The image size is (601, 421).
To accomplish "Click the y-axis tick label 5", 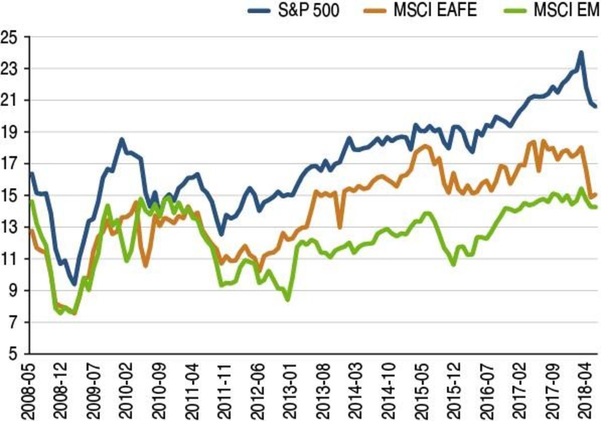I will [15, 354].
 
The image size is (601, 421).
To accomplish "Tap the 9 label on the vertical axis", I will [15, 291].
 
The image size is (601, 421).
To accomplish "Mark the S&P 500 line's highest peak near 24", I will [581, 52].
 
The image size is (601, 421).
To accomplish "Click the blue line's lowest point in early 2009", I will [75, 284].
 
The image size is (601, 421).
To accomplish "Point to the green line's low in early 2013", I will [287, 299].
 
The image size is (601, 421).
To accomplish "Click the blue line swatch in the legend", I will [261, 10].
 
